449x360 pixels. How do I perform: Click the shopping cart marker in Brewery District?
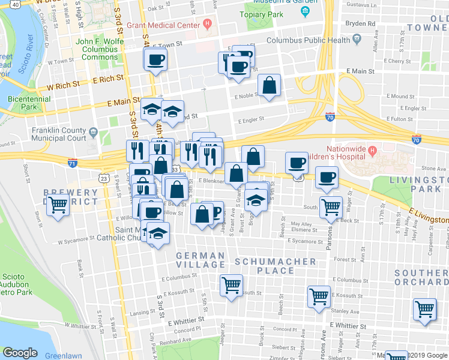coord(58,205)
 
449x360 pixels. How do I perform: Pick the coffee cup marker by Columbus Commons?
coord(155,60)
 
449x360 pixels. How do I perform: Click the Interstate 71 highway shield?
coord(73,163)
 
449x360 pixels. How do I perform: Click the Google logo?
coord(20,352)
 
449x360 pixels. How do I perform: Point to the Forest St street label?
coord(345,260)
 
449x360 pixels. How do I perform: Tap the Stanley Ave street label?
coord(345,311)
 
